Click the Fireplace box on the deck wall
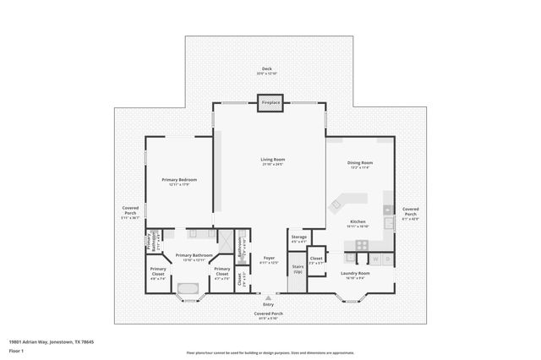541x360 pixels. (x=270, y=102)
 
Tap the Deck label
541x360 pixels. (x=267, y=71)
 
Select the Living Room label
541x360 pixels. (x=271, y=161)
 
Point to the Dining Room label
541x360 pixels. (x=360, y=164)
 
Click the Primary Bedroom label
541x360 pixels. (x=178, y=181)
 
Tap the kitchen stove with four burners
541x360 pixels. (x=361, y=245)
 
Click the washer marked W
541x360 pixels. (x=375, y=259)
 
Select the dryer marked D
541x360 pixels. (x=387, y=259)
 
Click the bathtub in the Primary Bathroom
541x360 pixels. (x=188, y=289)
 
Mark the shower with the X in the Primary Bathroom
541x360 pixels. (x=226, y=238)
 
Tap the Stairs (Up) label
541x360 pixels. (x=298, y=269)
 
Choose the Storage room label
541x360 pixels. (x=298, y=239)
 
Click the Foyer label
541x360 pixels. (x=269, y=259)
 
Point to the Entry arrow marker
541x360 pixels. (x=269, y=297)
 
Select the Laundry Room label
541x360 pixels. (x=355, y=275)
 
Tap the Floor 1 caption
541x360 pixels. (x=16, y=350)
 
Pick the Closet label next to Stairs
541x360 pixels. (x=315, y=259)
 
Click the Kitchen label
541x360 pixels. (x=358, y=223)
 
